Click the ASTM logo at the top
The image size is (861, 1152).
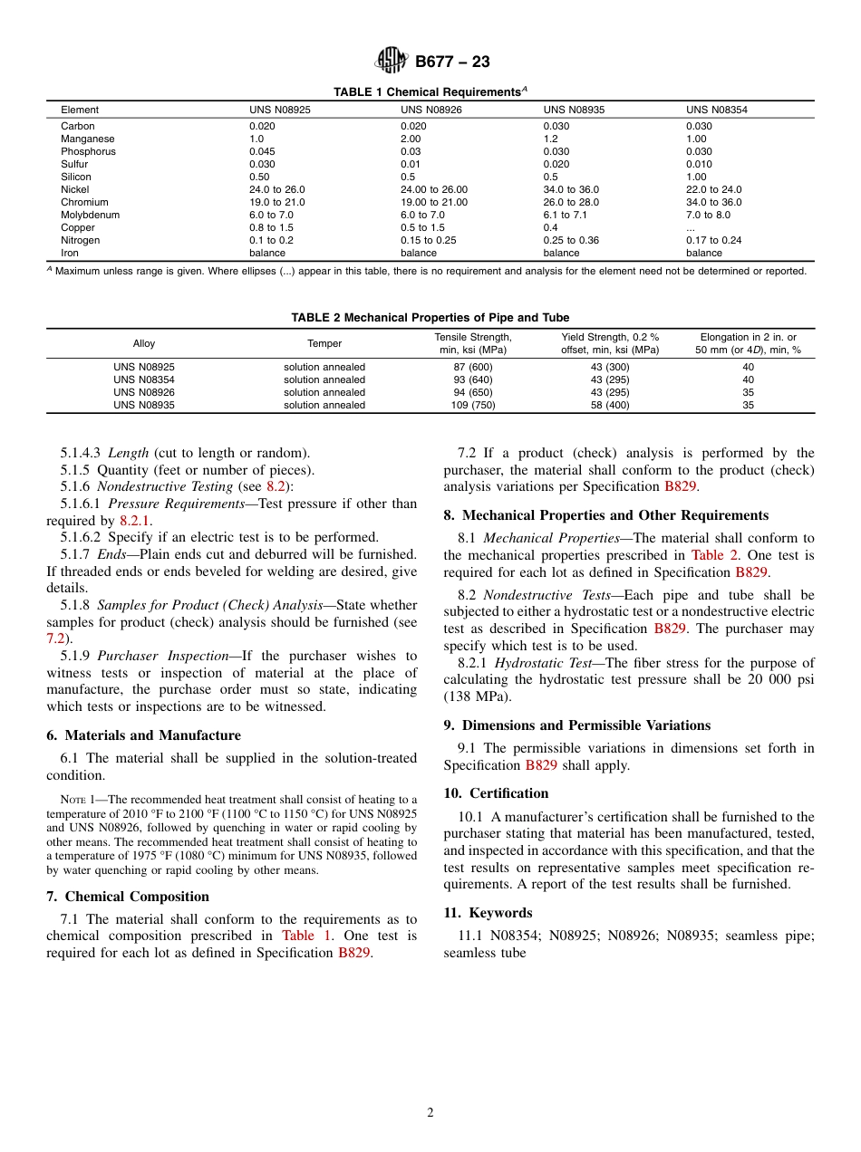coord(392,61)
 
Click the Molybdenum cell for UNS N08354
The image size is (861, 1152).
coord(707,215)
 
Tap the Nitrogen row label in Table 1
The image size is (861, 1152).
coord(80,240)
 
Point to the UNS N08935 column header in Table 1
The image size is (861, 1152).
coord(574,110)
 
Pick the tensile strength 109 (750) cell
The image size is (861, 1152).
coord(473,405)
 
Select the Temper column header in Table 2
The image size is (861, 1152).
coord(324,343)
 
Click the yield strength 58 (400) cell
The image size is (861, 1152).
coord(610,405)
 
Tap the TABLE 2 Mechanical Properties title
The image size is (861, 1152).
coord(430,317)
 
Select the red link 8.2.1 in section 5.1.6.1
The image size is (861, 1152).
coord(135,521)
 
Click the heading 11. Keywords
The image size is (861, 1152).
coord(488,913)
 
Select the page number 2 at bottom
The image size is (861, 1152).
coord(430,1113)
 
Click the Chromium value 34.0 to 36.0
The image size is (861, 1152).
coord(713,202)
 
